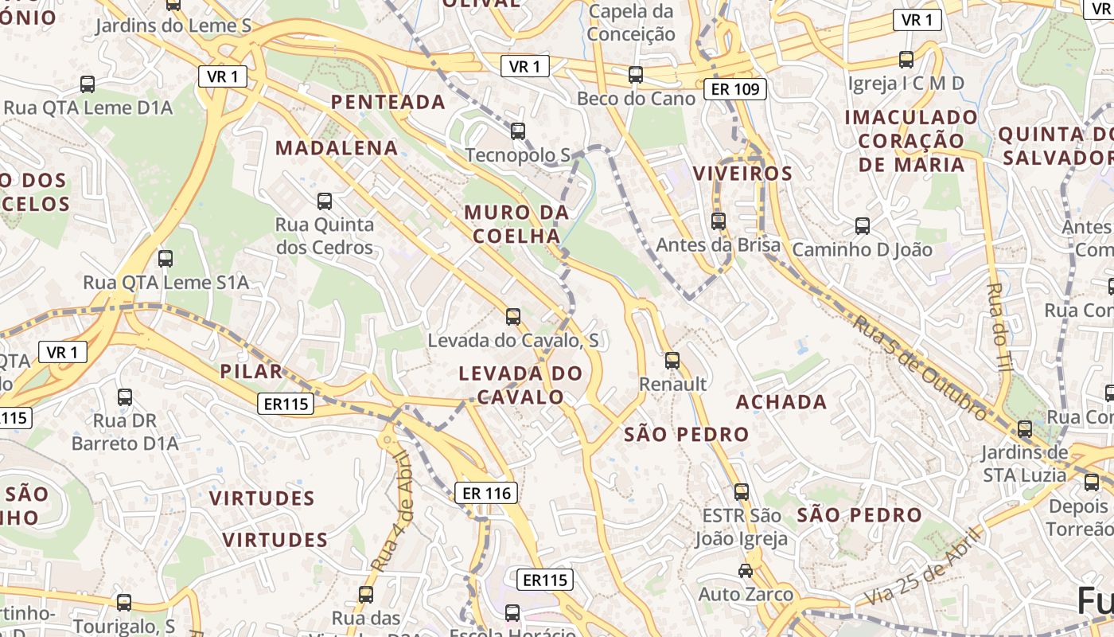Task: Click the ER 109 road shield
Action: (735, 89)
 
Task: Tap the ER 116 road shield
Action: (486, 493)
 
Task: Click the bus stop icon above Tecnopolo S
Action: (518, 131)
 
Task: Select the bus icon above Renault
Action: (672, 361)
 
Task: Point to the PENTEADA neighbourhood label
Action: (388, 102)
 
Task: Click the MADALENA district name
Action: (337, 148)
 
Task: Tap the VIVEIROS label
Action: (742, 174)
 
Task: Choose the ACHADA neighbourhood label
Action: (781, 402)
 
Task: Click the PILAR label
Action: (251, 371)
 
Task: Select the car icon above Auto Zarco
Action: (746, 571)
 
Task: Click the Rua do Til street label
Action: (995, 326)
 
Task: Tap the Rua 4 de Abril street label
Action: (391, 510)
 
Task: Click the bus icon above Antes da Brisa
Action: (719, 221)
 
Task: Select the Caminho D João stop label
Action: (862, 250)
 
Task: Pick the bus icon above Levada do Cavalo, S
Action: (513, 317)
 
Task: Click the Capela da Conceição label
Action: (631, 23)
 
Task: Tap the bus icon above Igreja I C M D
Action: (906, 59)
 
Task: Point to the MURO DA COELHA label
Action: (516, 225)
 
